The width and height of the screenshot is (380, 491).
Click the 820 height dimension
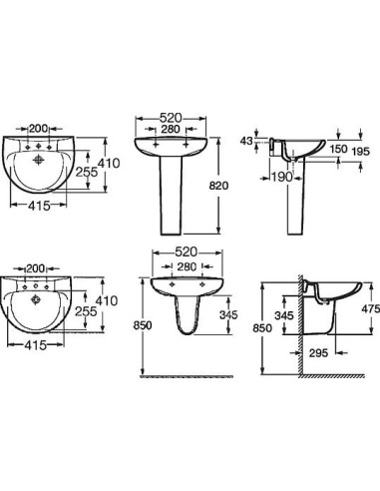[x=218, y=186]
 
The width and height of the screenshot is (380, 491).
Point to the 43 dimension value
[x=246, y=141]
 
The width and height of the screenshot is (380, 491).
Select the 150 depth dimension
[x=339, y=149]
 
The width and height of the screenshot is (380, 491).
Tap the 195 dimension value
[x=361, y=152]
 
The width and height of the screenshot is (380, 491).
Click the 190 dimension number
[x=281, y=177]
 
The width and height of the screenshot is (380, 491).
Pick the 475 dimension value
[x=370, y=309]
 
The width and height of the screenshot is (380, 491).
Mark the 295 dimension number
[x=318, y=352]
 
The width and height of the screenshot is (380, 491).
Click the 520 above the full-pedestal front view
[x=171, y=118]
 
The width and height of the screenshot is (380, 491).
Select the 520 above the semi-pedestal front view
[x=186, y=252]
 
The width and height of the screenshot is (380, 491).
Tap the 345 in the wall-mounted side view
[x=284, y=315]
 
